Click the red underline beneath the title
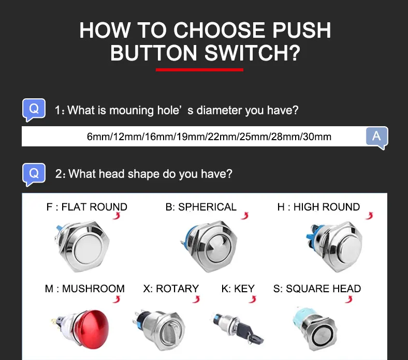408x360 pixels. click(199, 70)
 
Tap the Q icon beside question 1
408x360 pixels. click(34, 110)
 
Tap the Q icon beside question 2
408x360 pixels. click(34, 174)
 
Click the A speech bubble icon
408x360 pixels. click(377, 138)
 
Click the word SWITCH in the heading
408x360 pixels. click(252, 53)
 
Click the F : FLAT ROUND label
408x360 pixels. click(86, 207)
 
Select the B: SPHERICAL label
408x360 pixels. click(201, 207)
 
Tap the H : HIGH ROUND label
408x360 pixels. click(318, 207)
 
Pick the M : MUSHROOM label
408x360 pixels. click(85, 289)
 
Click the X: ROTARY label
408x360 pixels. click(171, 289)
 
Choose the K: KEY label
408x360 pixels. click(238, 289)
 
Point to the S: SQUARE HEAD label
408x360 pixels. click(317, 289)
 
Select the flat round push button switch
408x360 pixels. click(83, 246)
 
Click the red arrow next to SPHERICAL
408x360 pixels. click(245, 216)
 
